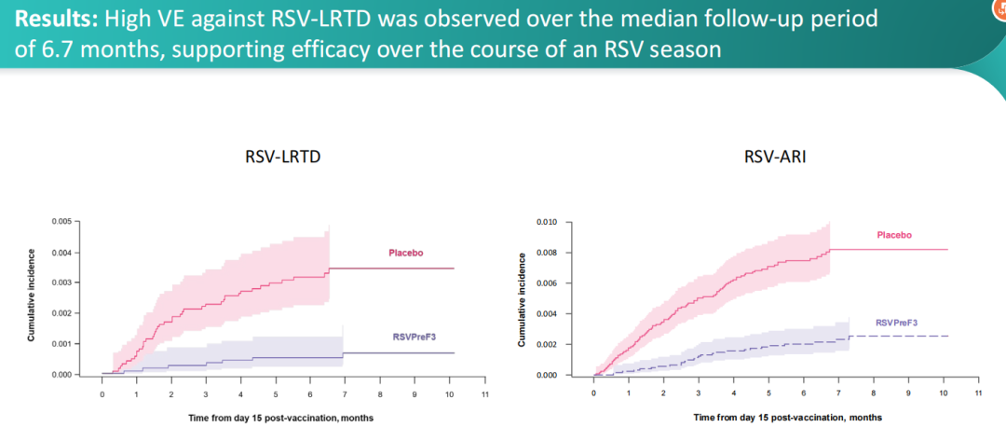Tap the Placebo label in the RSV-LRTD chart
[x=405, y=253]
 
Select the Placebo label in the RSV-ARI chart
[x=894, y=235]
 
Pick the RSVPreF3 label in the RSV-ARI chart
[x=897, y=322]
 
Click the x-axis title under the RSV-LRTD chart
[x=280, y=417]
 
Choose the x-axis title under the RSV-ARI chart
[x=787, y=417]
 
